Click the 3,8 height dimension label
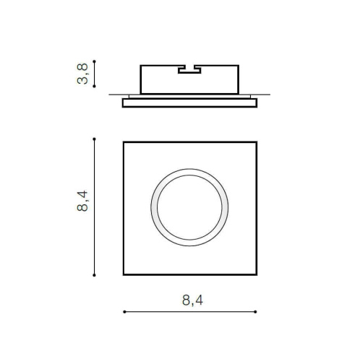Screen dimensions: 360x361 pos(82,74)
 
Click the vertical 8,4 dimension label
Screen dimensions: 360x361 pos(82,201)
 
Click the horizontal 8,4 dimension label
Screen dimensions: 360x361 pos(192,300)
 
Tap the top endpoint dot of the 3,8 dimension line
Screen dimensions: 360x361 pos(94,61)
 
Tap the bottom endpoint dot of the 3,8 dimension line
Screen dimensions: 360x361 pos(94,86)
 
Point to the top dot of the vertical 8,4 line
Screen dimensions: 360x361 pos(94,139)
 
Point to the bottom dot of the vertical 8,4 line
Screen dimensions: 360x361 pos(94,275)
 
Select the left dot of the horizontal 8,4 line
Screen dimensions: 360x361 pos(124,312)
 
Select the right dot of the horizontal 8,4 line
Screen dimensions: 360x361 pos(255,312)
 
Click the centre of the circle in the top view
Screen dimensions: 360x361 pos(189,207)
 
